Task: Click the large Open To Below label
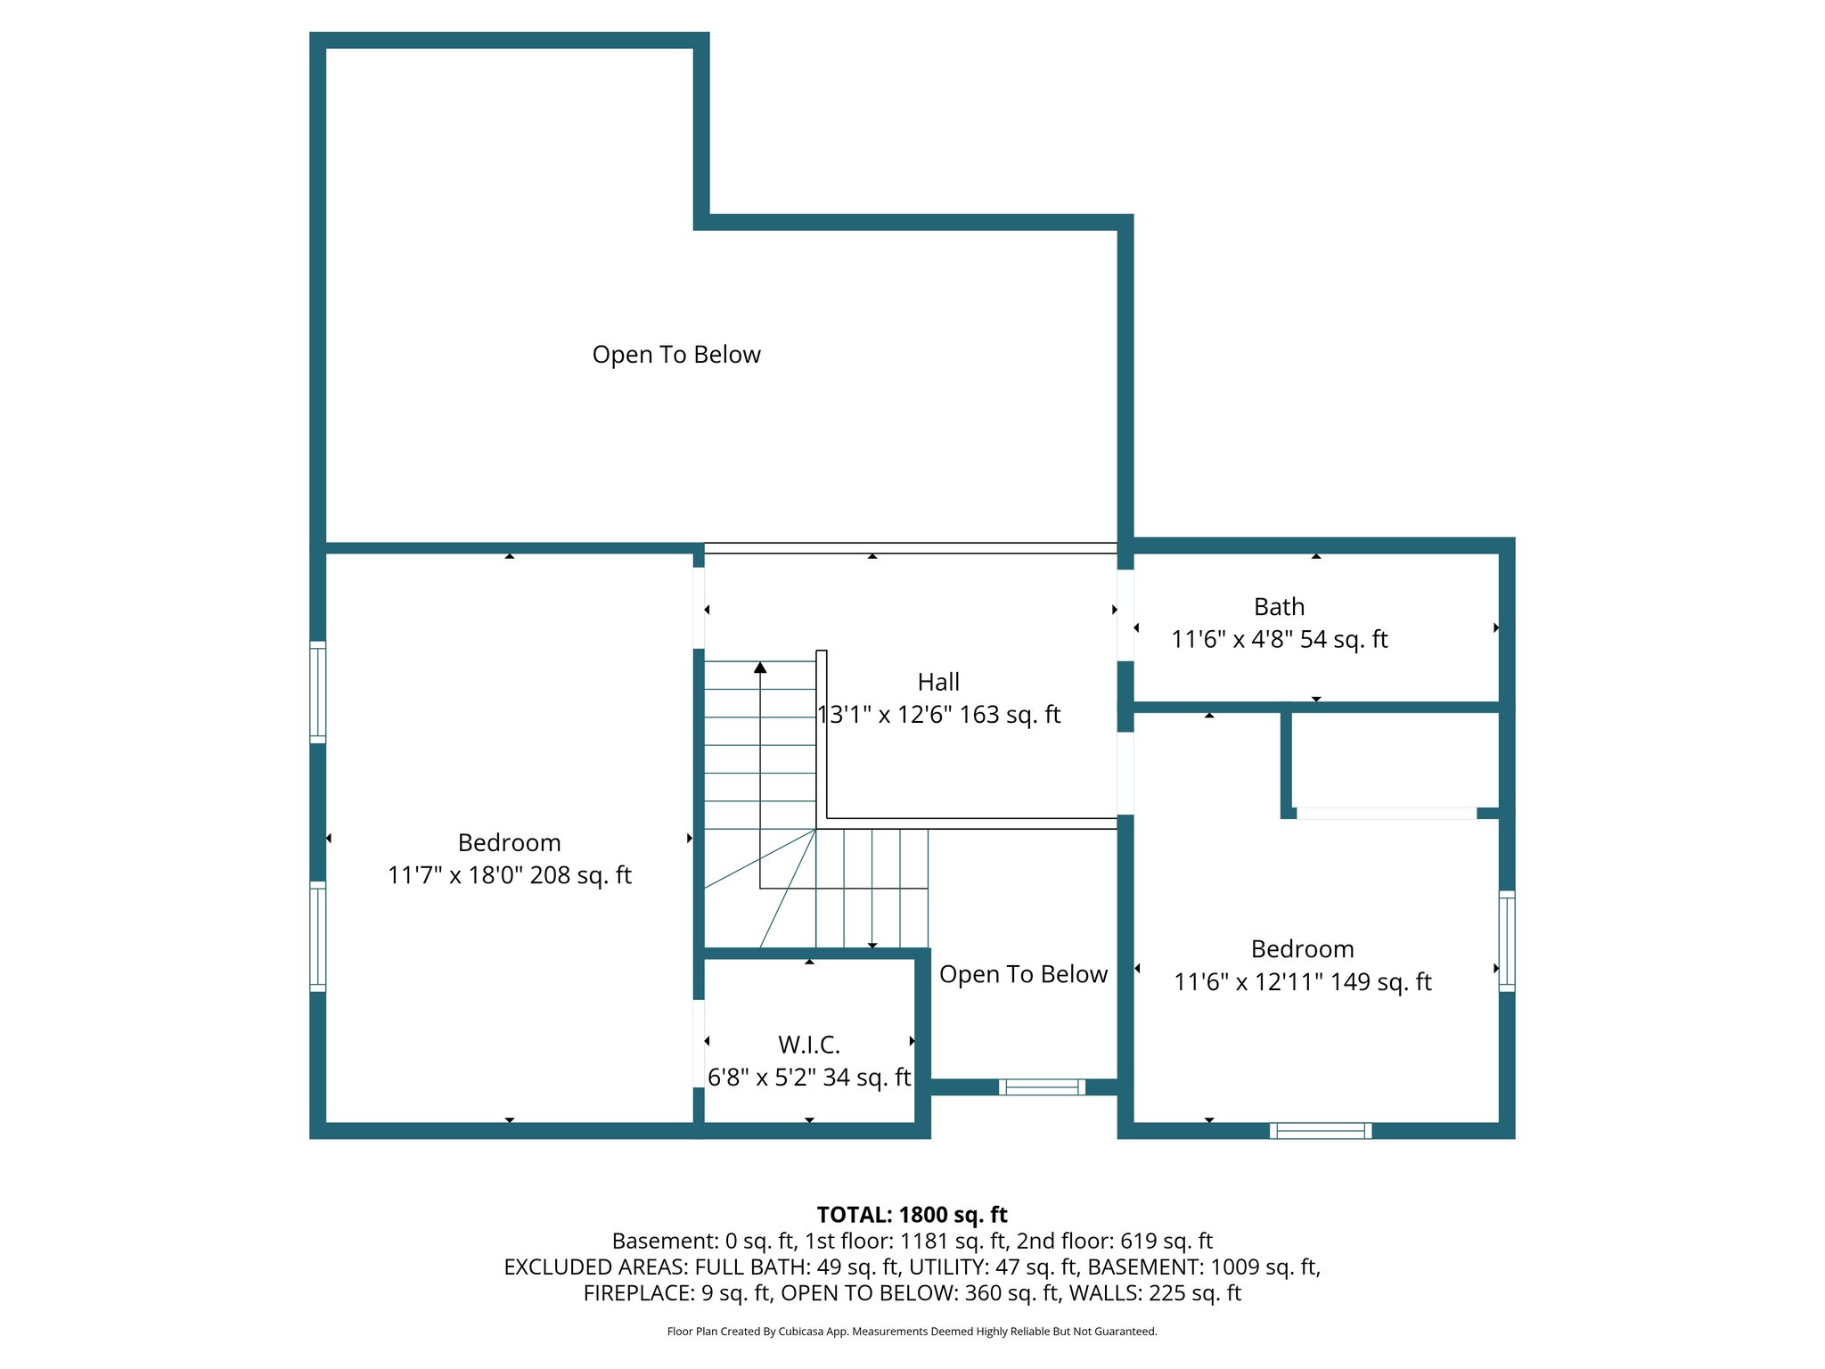(x=676, y=355)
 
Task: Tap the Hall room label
(x=938, y=682)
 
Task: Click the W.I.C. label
(x=808, y=1044)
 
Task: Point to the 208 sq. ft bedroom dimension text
(x=509, y=875)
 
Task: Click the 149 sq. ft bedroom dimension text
(x=1302, y=982)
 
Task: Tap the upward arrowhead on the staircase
(x=760, y=668)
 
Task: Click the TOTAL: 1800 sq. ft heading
(x=912, y=1215)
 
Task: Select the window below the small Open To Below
(x=1042, y=1086)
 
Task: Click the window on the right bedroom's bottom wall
(x=1321, y=1130)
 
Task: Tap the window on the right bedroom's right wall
(x=1506, y=941)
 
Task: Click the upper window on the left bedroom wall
(x=318, y=692)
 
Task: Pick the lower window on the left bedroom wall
(x=318, y=936)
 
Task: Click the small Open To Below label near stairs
(x=1023, y=974)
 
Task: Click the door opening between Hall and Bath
(x=1125, y=615)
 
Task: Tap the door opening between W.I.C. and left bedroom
(x=699, y=1043)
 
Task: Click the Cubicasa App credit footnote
(x=912, y=1332)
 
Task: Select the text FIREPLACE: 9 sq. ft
(x=678, y=1293)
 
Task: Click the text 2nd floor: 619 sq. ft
(x=1114, y=1241)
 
